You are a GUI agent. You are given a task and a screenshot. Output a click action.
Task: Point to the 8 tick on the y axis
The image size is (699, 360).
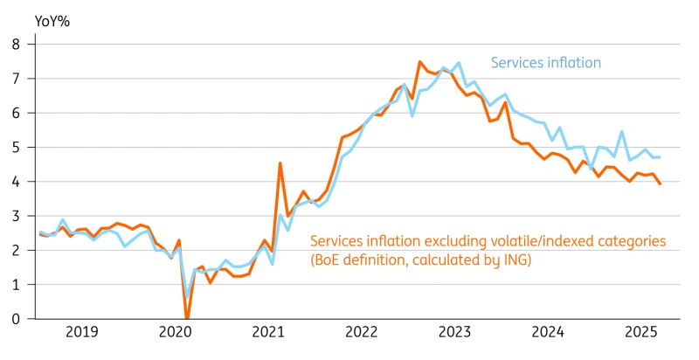(16, 44)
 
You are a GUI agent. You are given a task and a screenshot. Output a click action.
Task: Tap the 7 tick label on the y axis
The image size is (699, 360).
(16, 78)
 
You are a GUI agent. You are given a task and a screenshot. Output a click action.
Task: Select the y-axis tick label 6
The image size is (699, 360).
(16, 113)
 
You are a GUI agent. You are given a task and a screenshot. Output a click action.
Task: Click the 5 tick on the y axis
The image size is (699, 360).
(16, 147)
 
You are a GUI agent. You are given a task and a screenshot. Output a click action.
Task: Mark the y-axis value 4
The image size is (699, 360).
(16, 182)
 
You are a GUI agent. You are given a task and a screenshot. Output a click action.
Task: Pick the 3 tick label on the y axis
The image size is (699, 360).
(16, 216)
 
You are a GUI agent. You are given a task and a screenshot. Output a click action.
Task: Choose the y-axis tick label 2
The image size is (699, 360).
(16, 251)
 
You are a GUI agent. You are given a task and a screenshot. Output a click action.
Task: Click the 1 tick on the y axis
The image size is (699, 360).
(16, 285)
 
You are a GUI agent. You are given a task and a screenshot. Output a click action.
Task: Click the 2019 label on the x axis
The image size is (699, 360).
(82, 332)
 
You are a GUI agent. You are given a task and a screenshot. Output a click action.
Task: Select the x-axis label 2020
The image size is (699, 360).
(175, 332)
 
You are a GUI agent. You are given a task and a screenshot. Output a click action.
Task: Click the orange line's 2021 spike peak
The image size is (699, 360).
(280, 163)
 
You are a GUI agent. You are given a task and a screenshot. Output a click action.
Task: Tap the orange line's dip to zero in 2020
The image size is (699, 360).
(186, 319)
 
